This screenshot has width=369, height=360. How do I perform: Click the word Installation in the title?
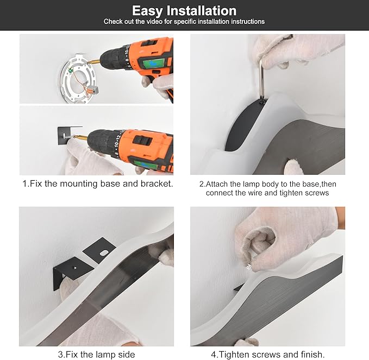[x=202, y=10]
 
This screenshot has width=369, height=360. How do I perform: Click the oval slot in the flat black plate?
[x=104, y=253]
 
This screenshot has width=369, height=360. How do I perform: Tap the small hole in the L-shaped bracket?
[x=75, y=268]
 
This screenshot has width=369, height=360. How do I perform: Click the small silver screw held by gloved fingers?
[x=249, y=267]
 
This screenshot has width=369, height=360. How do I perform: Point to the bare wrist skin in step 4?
[x=340, y=218]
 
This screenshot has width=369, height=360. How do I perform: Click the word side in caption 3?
[x=127, y=355]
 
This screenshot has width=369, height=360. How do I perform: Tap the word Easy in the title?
[x=147, y=11]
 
